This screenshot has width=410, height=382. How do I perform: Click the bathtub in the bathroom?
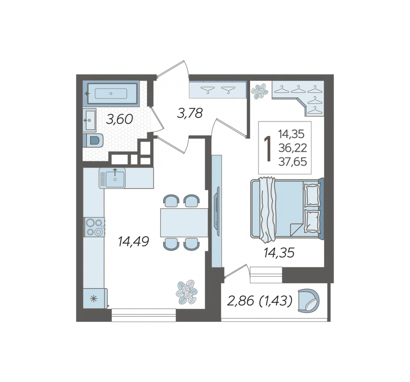112,94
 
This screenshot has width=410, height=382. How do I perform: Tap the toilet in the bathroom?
93,141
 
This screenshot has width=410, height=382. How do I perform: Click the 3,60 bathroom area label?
119,120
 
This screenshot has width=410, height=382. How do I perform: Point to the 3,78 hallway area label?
190,113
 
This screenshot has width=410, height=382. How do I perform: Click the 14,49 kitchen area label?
133,241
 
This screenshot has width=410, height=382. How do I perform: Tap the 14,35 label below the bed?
279,253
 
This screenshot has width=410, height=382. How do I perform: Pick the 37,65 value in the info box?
293,162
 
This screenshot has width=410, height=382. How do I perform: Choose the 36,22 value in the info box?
293,148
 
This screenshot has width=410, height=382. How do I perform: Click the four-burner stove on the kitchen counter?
94,227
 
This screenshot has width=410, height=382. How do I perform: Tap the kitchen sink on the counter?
112,178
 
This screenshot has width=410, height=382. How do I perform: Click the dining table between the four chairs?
184,222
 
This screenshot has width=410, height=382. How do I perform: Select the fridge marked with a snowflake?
95,299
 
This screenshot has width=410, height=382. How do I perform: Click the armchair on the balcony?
309,301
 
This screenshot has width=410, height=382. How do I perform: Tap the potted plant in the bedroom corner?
260,91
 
